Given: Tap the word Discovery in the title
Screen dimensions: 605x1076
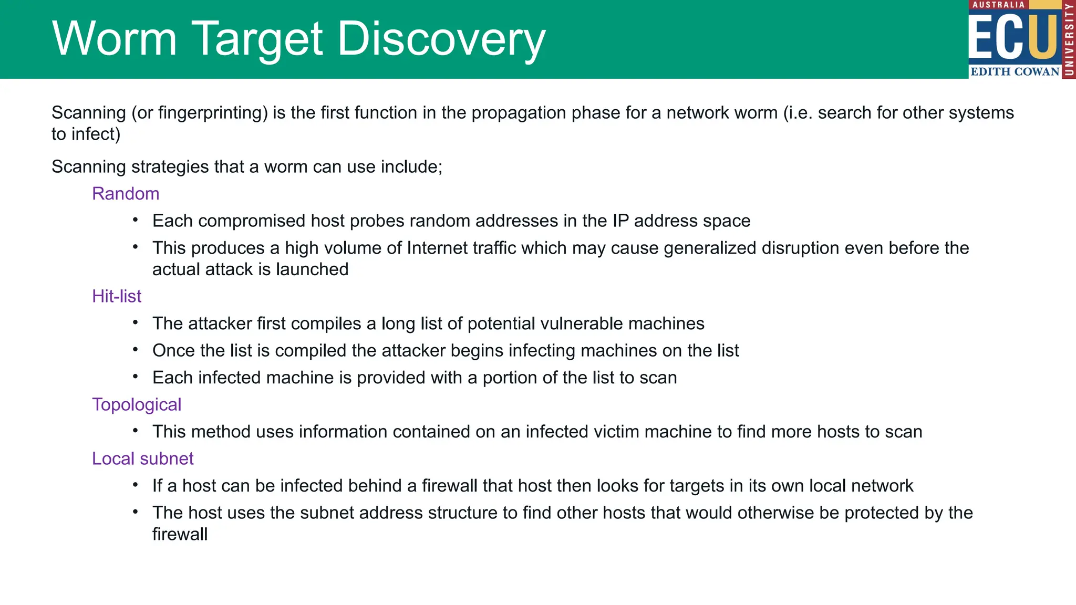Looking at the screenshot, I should click(x=441, y=39).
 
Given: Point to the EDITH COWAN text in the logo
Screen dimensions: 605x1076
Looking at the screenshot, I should click(x=1015, y=72).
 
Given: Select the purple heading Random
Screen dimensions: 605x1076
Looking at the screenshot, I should click(x=126, y=194).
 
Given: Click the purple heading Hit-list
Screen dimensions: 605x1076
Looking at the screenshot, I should click(x=117, y=296).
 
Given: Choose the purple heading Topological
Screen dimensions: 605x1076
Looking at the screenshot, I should click(x=137, y=405).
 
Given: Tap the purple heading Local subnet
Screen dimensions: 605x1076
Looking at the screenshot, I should click(x=142, y=459).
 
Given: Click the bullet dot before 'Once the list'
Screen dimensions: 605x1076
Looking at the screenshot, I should click(x=136, y=350).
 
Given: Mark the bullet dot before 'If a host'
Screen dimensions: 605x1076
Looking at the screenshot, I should click(x=136, y=485).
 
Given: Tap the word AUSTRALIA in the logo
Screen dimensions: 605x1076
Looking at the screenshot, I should click(x=998, y=5).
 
